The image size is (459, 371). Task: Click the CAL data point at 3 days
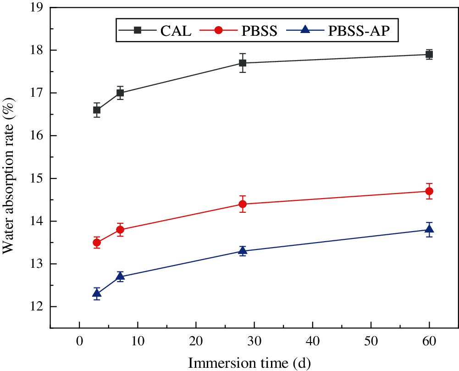(x=97, y=110)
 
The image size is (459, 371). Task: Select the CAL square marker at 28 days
(x=243, y=63)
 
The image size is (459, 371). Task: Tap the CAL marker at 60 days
(x=429, y=55)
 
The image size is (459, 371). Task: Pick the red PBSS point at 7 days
(x=120, y=230)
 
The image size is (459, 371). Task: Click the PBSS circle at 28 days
(x=243, y=204)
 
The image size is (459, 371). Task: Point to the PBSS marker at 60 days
(x=429, y=191)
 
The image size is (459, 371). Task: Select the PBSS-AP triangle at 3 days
(x=97, y=293)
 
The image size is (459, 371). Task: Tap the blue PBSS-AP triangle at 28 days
(x=243, y=250)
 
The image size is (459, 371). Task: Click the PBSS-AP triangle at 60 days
(x=429, y=229)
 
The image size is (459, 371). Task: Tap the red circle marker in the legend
(x=219, y=31)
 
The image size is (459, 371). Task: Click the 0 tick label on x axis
(x=79, y=342)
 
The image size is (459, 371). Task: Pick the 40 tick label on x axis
(x=313, y=342)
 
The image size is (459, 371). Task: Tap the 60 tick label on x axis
(x=429, y=342)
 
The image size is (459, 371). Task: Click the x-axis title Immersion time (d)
(x=250, y=363)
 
